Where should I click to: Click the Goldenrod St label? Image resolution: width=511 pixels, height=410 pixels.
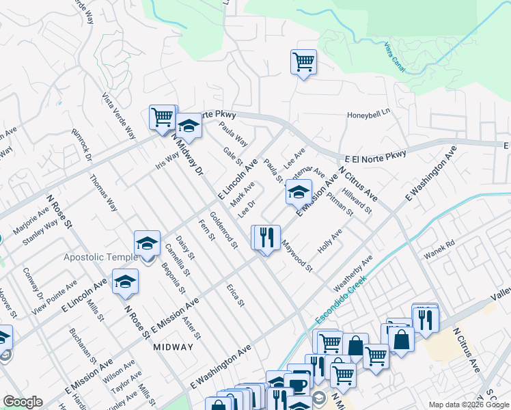point(223,230)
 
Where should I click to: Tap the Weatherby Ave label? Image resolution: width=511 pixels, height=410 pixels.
point(354,271)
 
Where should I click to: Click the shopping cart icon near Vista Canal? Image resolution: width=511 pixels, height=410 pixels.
point(303,62)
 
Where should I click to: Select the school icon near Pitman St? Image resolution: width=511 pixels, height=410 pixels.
point(298,192)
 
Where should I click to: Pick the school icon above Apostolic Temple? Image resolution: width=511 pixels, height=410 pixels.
point(146,243)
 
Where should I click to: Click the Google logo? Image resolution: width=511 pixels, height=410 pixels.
point(23,402)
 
